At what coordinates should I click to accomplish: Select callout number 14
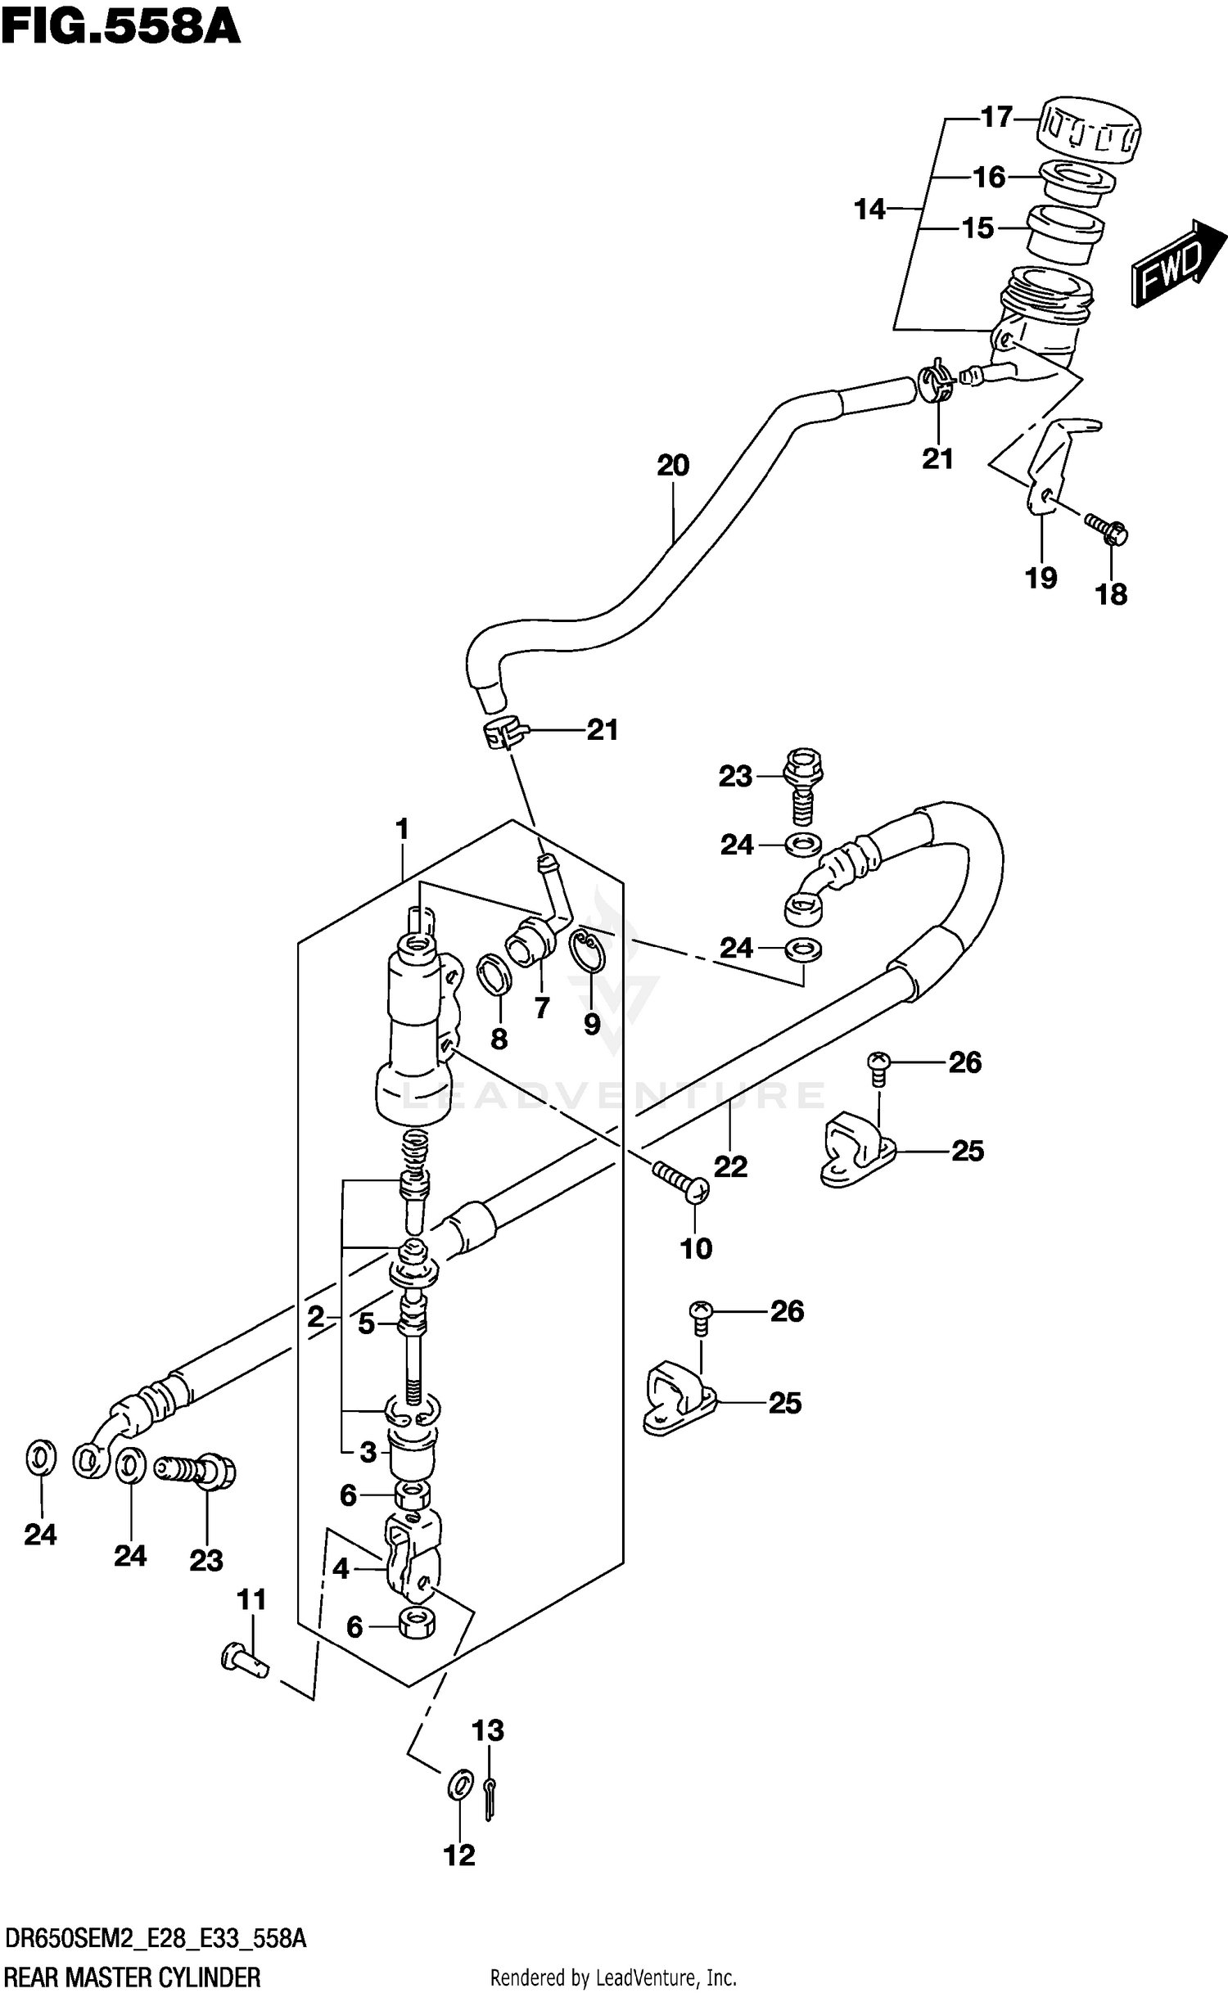(x=869, y=210)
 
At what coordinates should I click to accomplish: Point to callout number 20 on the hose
(x=673, y=466)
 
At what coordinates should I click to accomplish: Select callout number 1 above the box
(x=402, y=829)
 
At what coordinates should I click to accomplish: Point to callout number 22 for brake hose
(x=730, y=1166)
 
